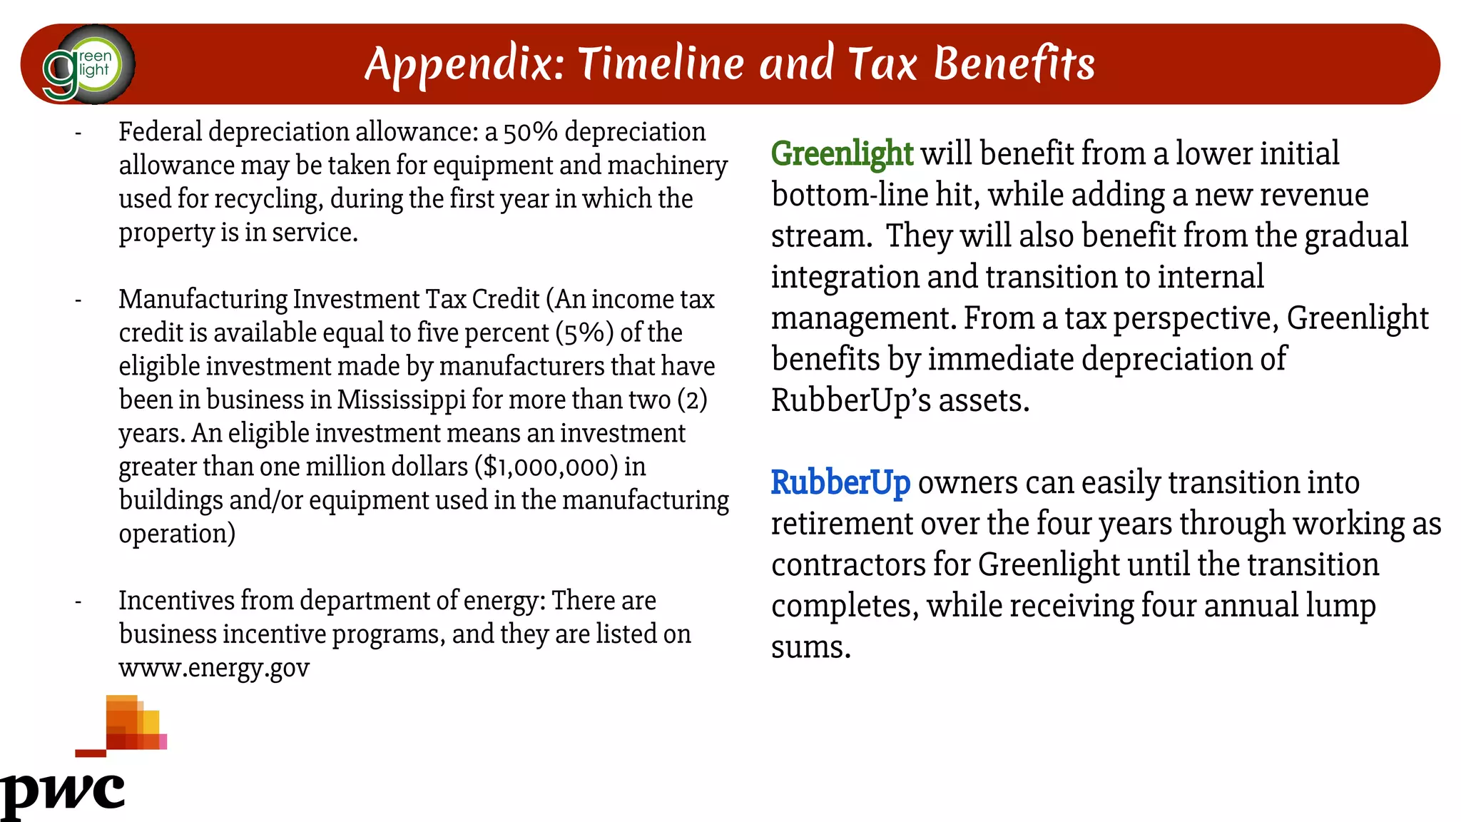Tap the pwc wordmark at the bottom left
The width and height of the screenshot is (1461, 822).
[63, 792]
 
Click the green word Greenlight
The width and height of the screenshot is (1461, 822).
[842, 154]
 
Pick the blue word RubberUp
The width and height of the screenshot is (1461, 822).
[840, 483]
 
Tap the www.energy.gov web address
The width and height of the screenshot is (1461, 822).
[214, 669]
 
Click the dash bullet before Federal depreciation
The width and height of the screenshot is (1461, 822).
[78, 133]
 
